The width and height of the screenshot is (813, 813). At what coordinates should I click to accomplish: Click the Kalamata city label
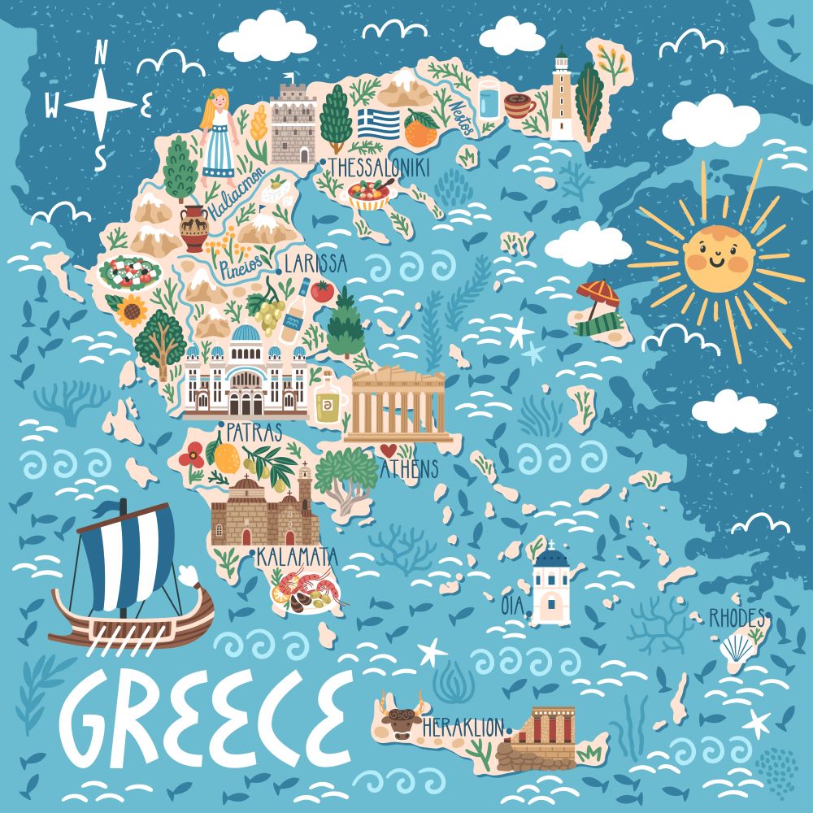click(x=296, y=557)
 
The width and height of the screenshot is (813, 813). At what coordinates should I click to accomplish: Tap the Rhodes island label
click(x=737, y=618)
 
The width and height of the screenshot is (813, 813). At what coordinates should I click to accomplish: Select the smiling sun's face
click(x=718, y=257)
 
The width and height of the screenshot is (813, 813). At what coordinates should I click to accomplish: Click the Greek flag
click(x=379, y=124)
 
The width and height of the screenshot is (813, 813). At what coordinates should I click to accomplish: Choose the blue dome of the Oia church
click(x=552, y=559)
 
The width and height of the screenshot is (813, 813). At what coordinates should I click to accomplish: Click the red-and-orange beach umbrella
click(x=596, y=291)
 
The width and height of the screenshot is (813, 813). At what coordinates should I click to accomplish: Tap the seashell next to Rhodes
click(x=737, y=648)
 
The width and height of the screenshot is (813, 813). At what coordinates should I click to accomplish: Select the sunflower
click(x=131, y=310)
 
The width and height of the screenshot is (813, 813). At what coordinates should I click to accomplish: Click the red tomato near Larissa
click(x=323, y=291)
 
